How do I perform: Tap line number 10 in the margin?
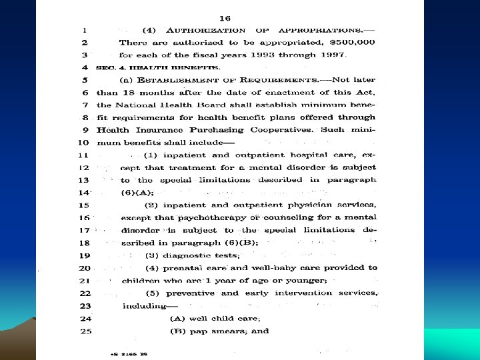pos(83,143)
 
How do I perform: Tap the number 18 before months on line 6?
pos(127,93)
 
